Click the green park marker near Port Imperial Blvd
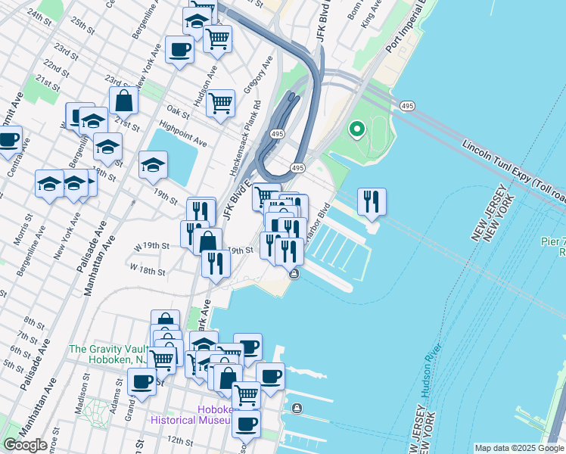pos(356,130)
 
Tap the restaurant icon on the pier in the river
pos(372,201)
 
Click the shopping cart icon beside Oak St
pos(220,103)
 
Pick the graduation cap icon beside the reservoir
pos(153,166)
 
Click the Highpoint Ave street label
pos(182,132)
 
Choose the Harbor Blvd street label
pos(317,220)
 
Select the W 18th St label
pos(148,269)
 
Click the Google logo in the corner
pos(25,445)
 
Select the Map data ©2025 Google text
pos(518,448)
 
